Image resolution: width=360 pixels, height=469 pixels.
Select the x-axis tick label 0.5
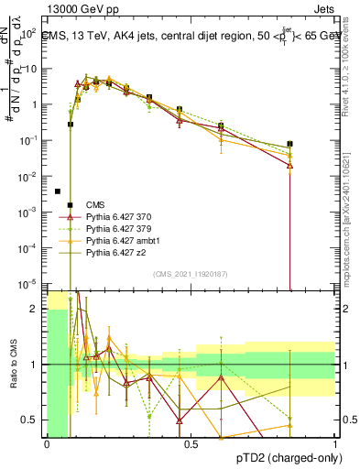191,444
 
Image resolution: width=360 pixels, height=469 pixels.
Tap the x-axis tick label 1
335,444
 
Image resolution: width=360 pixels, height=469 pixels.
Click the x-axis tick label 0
47,444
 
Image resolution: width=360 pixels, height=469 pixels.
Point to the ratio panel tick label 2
36,309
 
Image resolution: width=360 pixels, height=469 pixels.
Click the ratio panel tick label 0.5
30,420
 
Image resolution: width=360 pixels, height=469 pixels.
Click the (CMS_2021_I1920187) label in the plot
191,273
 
